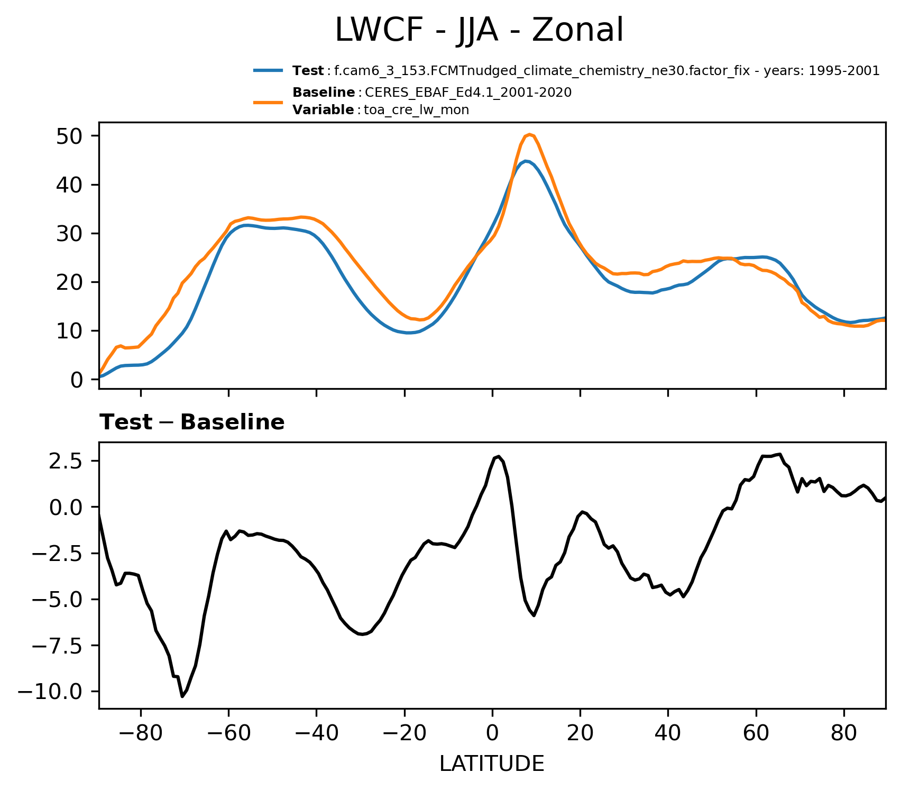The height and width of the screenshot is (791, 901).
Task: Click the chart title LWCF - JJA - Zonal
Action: point(480,31)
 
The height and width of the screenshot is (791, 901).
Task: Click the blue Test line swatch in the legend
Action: point(269,70)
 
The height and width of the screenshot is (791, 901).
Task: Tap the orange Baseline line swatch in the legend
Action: point(269,102)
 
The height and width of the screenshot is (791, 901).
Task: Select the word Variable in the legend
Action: point(323,110)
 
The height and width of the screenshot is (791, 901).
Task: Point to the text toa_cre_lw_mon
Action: point(417,110)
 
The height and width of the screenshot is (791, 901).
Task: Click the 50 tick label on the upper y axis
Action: point(69,136)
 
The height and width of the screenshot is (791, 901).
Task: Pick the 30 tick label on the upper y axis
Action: point(69,233)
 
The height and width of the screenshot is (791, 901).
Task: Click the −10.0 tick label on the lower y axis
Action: point(51,692)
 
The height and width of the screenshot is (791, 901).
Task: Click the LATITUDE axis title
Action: point(492,764)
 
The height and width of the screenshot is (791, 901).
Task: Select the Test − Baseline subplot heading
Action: point(192,422)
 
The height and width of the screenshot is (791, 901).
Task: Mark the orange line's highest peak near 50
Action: point(529,134)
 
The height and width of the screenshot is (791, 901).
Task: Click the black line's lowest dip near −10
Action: point(182,696)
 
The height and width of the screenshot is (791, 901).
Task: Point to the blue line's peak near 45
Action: point(526,161)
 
